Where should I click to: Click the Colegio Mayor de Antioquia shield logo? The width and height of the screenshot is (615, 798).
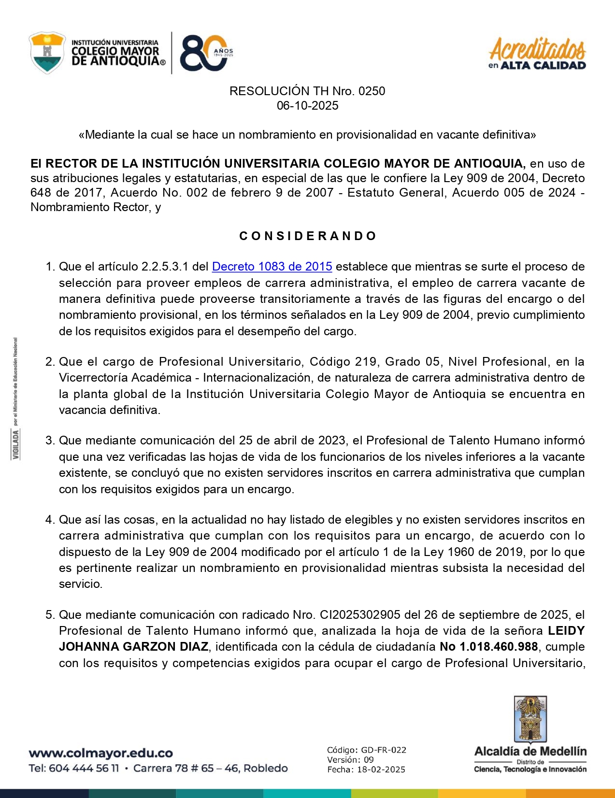point(47,53)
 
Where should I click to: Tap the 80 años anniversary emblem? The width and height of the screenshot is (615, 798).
point(205,53)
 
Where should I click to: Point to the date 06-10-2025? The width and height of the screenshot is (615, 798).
point(307,106)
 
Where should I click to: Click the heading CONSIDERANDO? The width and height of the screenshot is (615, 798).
point(307,236)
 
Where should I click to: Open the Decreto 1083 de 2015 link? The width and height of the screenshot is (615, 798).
point(272,267)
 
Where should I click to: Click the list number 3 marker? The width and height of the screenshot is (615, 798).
point(50,441)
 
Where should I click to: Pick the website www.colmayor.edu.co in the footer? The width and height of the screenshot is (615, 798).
point(100,753)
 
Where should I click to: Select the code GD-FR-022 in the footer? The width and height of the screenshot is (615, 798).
point(383,750)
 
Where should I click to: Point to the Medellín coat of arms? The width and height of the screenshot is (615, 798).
point(530,719)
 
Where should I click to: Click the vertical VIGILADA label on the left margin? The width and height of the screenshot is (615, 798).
point(16,444)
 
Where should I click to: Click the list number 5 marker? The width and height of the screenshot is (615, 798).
point(50,615)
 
